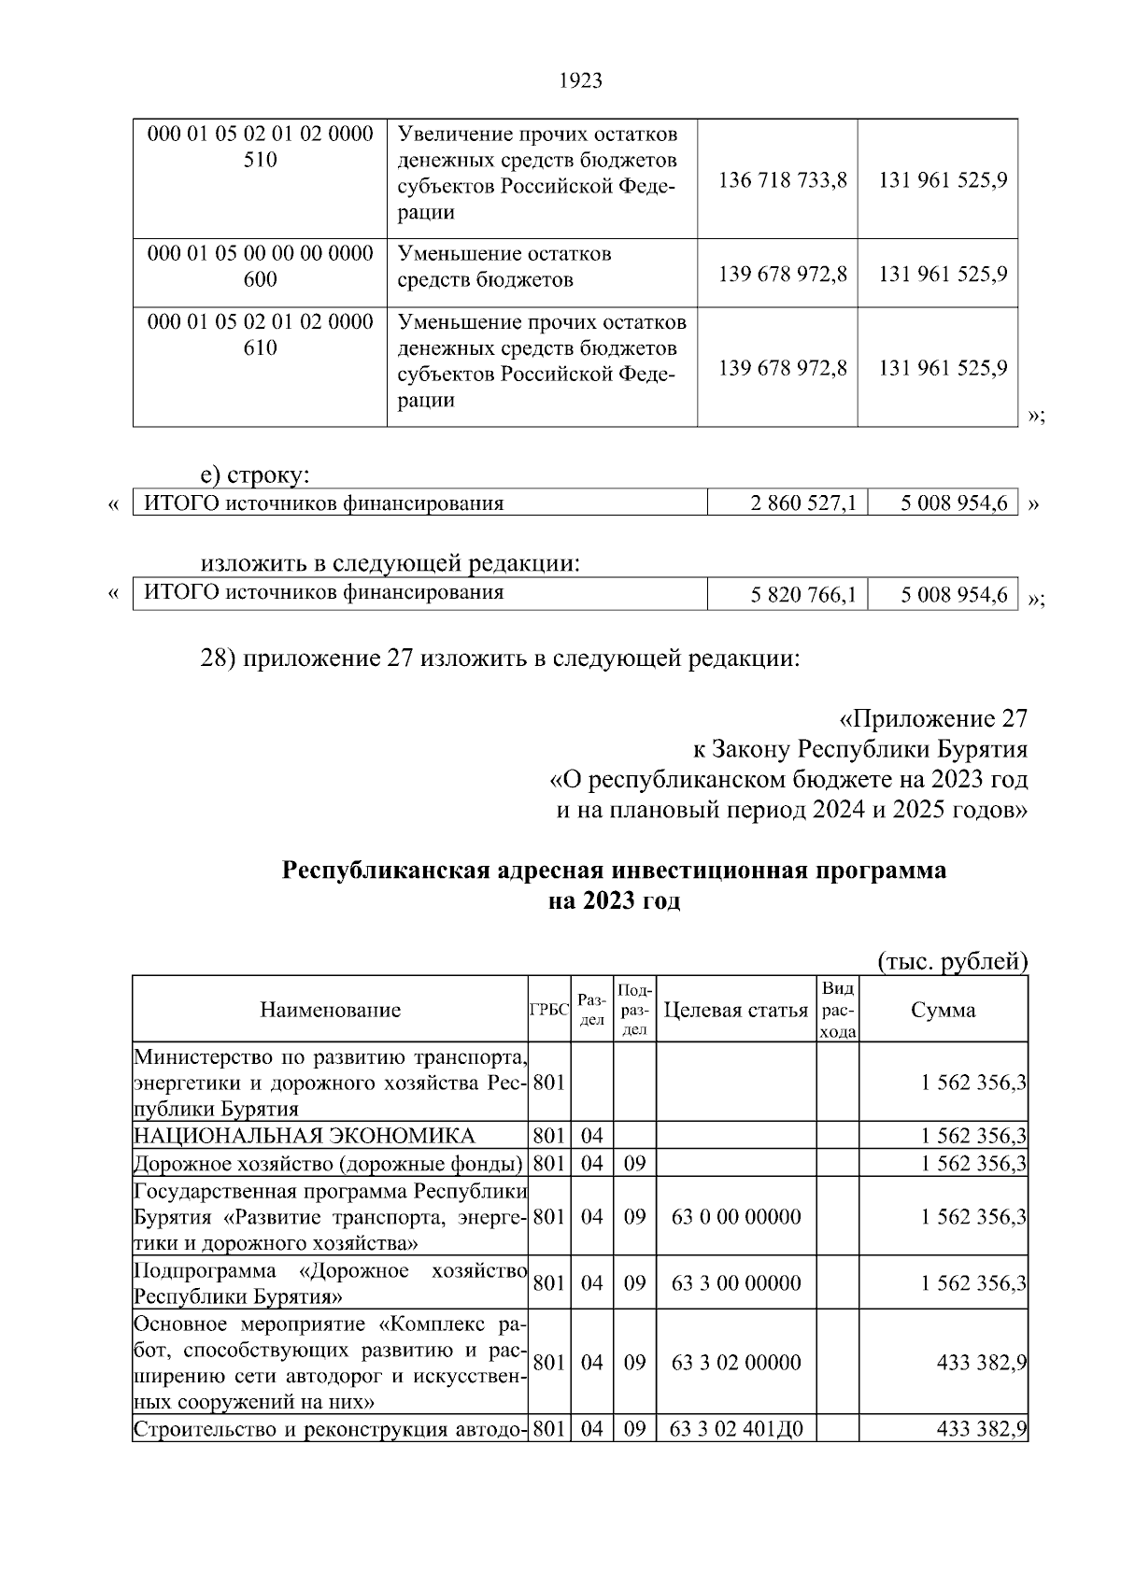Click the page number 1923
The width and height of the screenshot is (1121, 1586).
[x=580, y=81]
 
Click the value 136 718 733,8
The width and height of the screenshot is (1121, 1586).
[x=782, y=179]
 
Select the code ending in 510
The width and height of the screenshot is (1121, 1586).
[x=260, y=147]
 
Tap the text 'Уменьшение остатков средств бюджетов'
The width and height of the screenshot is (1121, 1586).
[x=504, y=266]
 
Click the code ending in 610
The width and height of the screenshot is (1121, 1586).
[x=260, y=335]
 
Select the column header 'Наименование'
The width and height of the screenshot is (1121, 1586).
[x=330, y=1010]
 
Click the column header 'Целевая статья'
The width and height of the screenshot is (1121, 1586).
[x=735, y=1010]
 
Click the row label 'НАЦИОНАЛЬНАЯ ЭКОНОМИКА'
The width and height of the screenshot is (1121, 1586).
[x=305, y=1136]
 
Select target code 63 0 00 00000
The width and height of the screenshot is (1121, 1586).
[x=736, y=1217]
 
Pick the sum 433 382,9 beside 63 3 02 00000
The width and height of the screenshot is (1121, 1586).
[x=982, y=1363]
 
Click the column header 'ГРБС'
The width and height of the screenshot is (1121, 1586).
[x=548, y=1011]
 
